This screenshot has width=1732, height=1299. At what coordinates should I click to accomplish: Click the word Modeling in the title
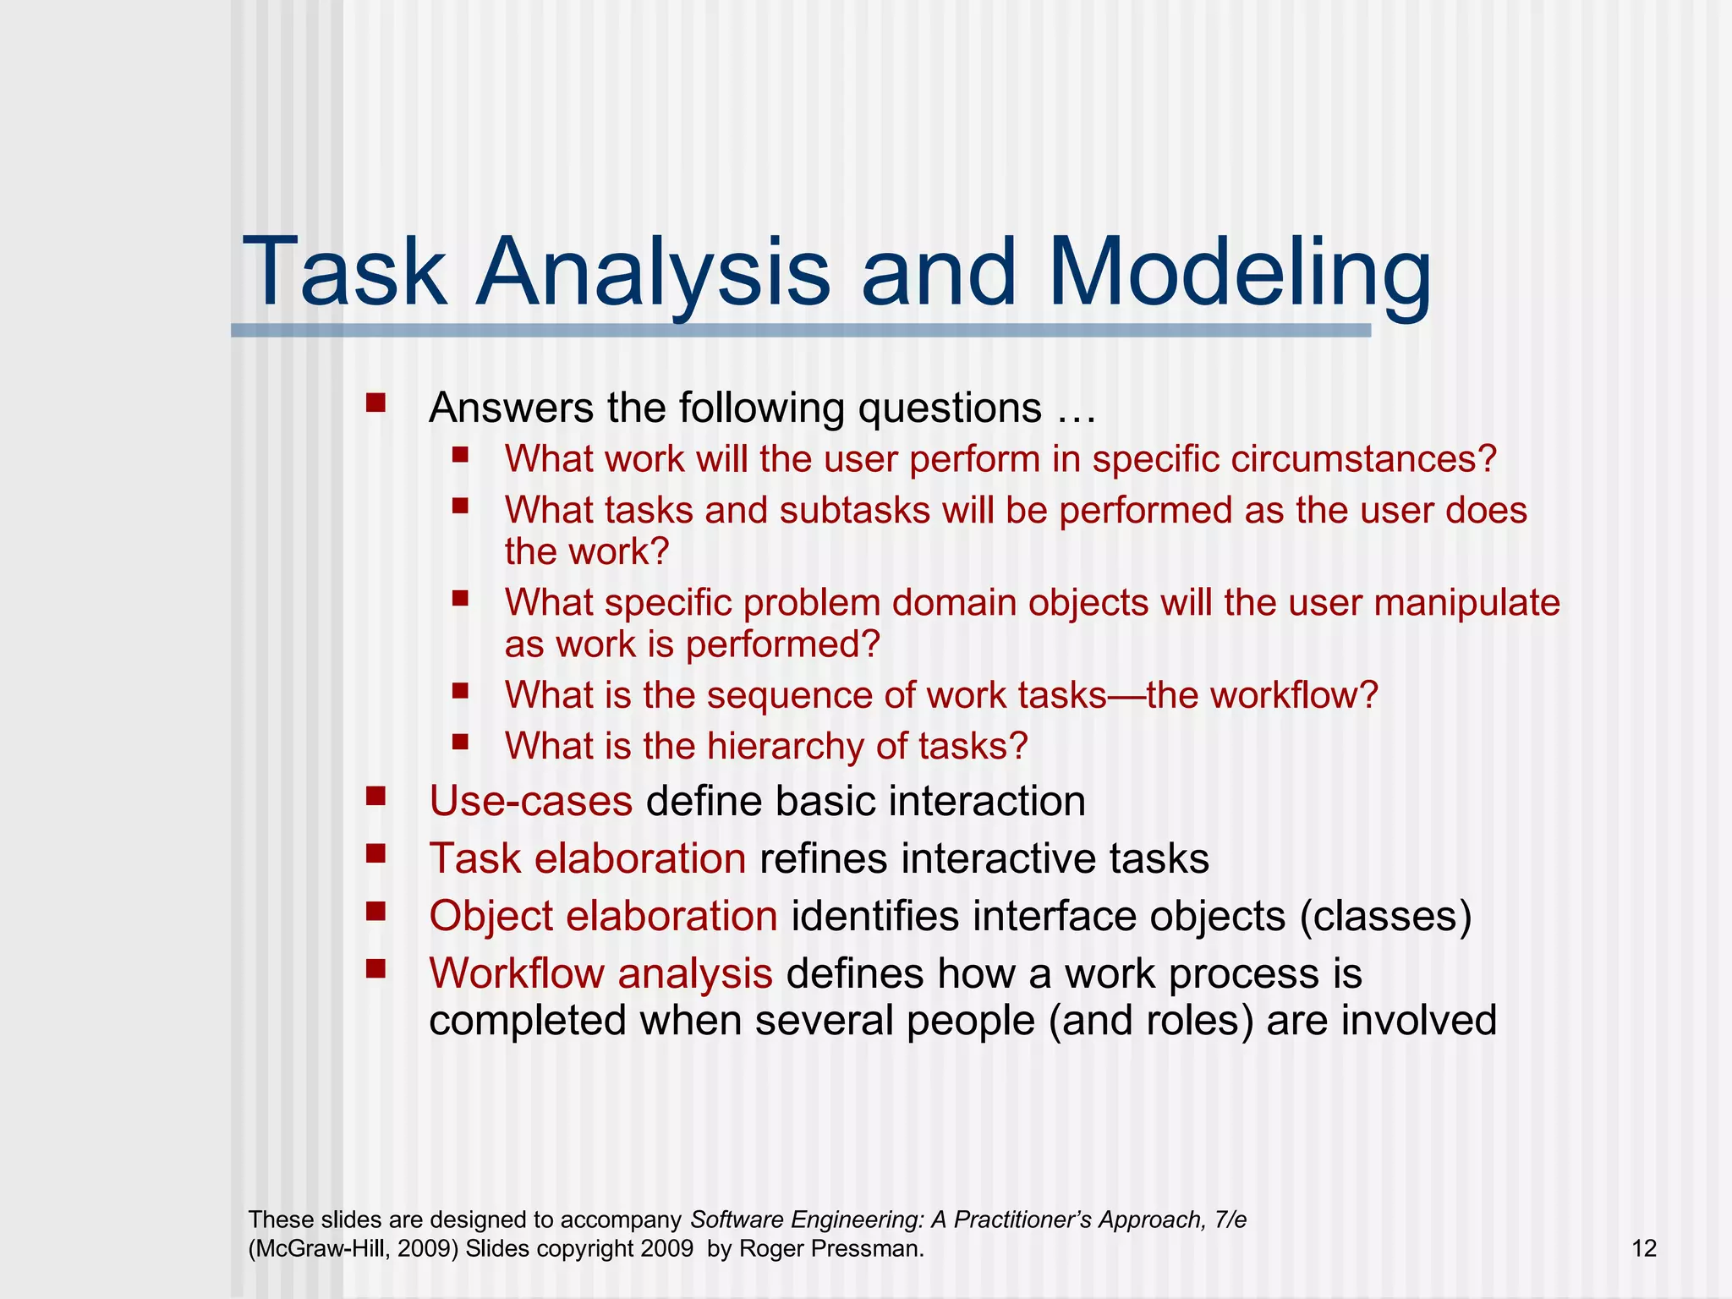(1239, 273)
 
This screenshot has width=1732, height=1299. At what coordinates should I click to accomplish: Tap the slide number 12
(1643, 1248)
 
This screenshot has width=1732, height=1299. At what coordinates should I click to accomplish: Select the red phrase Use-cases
(530, 801)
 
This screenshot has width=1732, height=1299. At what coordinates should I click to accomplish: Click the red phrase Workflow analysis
(600, 973)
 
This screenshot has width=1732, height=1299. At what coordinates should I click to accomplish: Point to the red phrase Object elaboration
(603, 916)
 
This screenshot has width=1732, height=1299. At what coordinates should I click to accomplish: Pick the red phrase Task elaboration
(588, 858)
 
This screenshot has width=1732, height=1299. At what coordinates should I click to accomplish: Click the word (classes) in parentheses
(1385, 916)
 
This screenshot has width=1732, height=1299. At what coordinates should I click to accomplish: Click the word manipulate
(1466, 603)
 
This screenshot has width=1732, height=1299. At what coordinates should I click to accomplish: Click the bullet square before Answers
(375, 402)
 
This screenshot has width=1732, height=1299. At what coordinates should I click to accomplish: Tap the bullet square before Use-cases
(375, 796)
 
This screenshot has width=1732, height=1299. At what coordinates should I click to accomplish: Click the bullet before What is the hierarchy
(460, 742)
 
